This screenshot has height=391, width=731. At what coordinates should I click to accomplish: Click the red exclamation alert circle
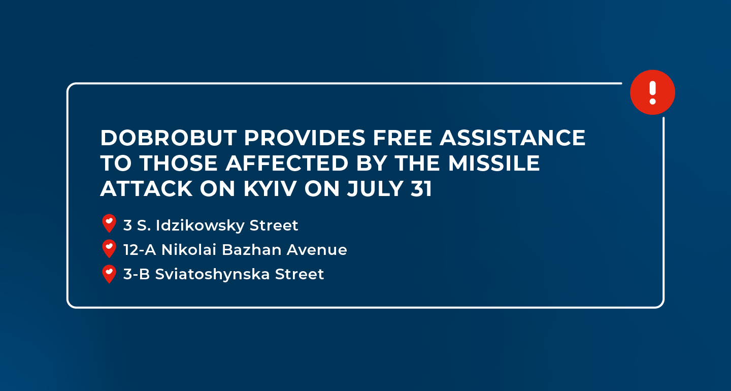[652, 92]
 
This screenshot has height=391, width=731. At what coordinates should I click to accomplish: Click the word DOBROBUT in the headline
[169, 138]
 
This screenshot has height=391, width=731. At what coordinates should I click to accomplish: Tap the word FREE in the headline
[403, 138]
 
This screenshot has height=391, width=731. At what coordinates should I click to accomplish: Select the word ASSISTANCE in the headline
[513, 138]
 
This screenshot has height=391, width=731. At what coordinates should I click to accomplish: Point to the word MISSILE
[494, 163]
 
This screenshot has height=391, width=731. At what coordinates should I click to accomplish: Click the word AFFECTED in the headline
[287, 163]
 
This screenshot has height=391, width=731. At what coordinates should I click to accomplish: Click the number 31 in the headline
[421, 189]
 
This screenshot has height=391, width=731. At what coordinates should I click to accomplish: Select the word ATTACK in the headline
[147, 189]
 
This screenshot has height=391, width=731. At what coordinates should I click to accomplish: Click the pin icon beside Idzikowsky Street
[109, 223]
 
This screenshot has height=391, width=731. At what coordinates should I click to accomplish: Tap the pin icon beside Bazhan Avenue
[109, 249]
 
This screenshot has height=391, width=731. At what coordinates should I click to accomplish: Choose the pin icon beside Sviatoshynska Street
[109, 274]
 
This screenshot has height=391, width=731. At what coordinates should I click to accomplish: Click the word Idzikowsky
[200, 225]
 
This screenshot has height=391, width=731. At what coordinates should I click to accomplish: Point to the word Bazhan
[252, 250]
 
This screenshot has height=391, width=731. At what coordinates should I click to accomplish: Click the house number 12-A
[140, 250]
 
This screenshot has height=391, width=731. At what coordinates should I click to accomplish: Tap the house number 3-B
[137, 274]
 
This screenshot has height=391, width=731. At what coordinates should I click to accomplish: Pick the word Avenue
[317, 250]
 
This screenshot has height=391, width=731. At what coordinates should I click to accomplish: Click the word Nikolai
[189, 250]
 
